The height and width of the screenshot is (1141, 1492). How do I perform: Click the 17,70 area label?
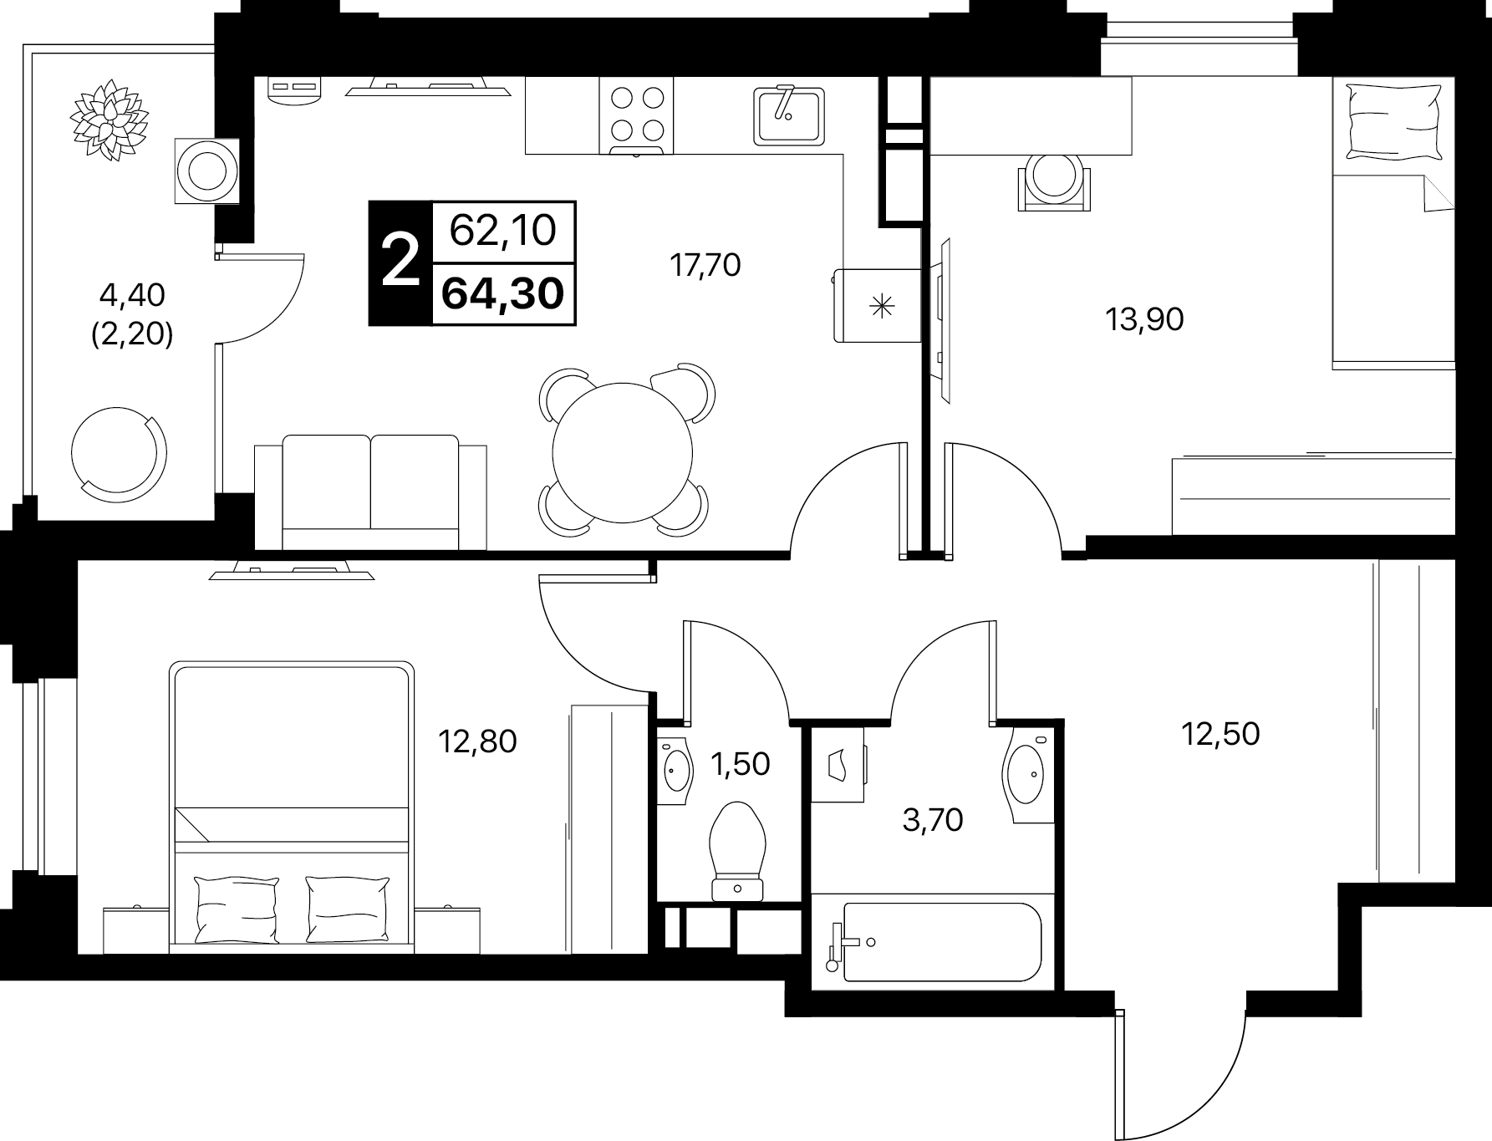pos(705,266)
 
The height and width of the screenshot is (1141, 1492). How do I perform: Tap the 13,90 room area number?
pos(1144,319)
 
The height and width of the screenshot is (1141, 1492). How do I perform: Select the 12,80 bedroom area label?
pos(478,741)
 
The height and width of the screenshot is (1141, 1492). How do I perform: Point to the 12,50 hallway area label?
pos(1220,734)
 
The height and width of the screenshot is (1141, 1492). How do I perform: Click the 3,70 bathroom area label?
pos(933,820)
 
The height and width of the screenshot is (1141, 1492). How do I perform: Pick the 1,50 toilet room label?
pos(740,763)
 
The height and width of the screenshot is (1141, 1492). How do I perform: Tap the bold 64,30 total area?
pos(503,294)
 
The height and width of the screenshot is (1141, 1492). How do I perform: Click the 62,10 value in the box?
pos(503,230)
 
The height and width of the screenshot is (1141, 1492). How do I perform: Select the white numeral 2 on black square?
pos(400,262)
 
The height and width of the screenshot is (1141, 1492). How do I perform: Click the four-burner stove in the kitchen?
pos(636,115)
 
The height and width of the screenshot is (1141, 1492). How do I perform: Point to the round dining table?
pos(623,452)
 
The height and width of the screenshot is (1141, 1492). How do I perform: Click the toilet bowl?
pos(737,851)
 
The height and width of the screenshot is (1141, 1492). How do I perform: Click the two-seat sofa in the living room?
pos(370,492)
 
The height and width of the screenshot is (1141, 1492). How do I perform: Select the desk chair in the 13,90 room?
pos(1055,181)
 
